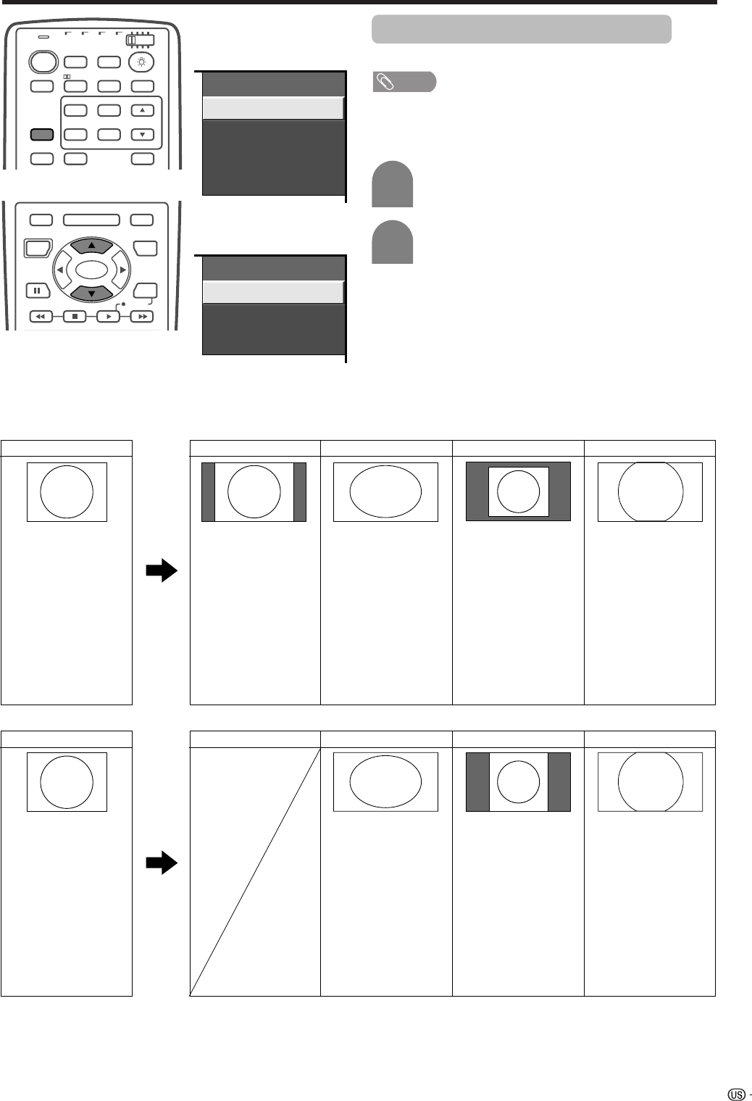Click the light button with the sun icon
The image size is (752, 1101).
pos(141,62)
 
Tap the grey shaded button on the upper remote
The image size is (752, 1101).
pos(42,135)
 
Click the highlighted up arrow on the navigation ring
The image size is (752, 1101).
pos(91,246)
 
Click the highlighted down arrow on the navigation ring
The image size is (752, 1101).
pos(91,293)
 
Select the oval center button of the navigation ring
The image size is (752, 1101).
pos(91,270)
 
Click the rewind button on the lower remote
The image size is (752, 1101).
pos(41,317)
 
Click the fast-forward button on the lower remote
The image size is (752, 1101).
pos(142,317)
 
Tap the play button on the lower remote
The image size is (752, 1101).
pos(109,317)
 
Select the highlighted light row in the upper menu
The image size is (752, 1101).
pos(272,108)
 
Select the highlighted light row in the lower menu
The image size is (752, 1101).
pos(272,292)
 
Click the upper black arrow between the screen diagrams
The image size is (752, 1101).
pos(162,572)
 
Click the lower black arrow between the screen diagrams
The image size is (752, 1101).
pos(162,863)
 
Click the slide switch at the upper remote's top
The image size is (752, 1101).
pos(140,41)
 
